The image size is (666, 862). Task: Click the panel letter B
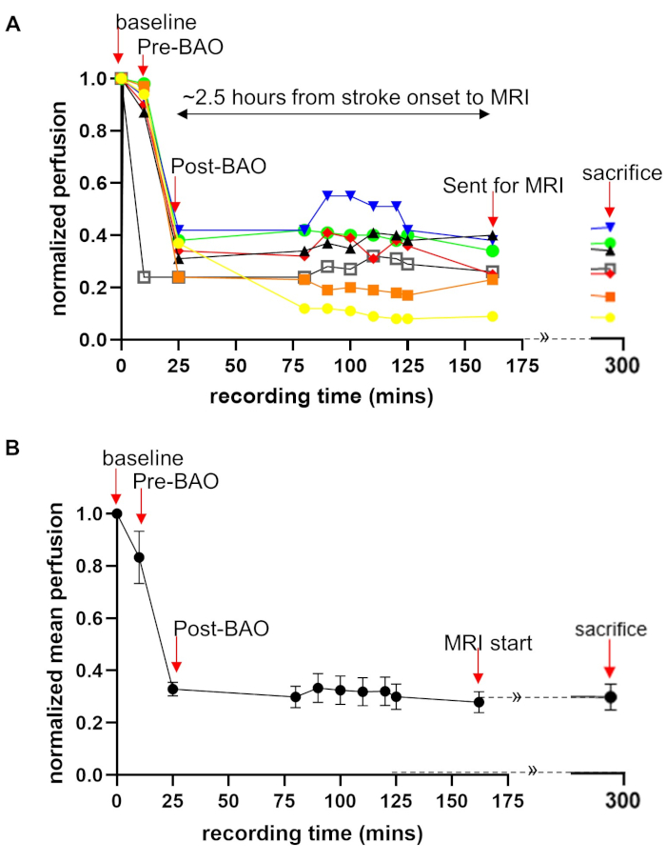(13, 445)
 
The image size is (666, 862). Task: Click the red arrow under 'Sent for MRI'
(493, 208)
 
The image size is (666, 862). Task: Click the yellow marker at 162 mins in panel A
(493, 316)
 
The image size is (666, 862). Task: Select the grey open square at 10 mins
(144, 277)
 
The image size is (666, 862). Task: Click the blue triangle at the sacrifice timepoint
(610, 227)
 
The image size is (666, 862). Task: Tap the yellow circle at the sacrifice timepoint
(610, 317)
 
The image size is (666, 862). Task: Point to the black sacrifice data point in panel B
(610, 697)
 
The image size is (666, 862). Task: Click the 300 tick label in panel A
(623, 364)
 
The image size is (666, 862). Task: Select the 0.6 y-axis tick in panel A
(98, 183)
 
